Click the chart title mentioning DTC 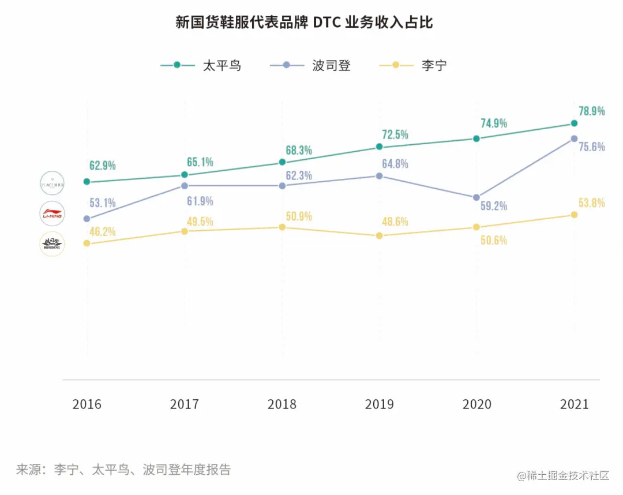(x=304, y=23)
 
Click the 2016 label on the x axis (x=87, y=404)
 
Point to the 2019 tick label (x=380, y=404)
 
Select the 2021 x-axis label (x=574, y=404)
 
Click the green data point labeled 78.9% (x=574, y=123)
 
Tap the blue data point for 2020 (x=476, y=197)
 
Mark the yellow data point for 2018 (x=282, y=227)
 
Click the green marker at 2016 (x=87, y=182)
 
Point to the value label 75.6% (x=592, y=147)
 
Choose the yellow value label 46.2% (x=103, y=232)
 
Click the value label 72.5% (x=395, y=135)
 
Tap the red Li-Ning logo (x=52, y=214)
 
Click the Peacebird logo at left (x=52, y=184)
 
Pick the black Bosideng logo (x=52, y=244)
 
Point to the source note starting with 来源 (x=123, y=470)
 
